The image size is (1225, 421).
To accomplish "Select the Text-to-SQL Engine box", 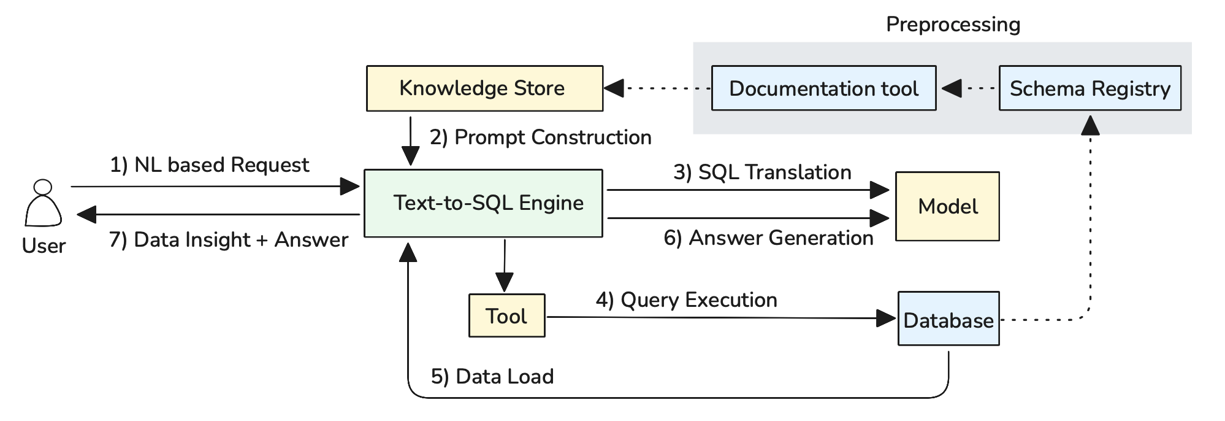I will tap(483, 203).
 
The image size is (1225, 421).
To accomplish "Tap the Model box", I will tap(947, 206).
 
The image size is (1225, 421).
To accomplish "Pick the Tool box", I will tap(506, 316).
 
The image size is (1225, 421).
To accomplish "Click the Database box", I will tap(948, 319).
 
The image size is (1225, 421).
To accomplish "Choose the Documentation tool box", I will tap(823, 88).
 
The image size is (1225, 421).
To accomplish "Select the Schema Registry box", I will tap(1090, 88).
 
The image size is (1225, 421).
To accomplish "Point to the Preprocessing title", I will tap(953, 25).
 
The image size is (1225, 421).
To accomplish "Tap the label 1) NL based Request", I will tap(209, 165).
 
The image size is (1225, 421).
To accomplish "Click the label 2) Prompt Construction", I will tap(540, 137).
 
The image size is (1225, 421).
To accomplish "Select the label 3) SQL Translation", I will tap(762, 172).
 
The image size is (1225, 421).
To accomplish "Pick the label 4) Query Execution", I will tap(686, 300).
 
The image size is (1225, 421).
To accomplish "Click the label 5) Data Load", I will tap(492, 376).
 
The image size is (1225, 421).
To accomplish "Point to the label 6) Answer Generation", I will tap(768, 238).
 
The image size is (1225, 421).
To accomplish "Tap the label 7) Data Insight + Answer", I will tap(228, 239).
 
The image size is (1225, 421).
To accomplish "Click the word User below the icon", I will tap(44, 246).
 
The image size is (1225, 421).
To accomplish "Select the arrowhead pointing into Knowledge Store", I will tap(614, 88).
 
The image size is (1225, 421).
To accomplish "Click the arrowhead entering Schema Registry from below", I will tap(1090, 125).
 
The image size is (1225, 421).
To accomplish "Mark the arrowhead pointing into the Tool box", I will tap(504, 283).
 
